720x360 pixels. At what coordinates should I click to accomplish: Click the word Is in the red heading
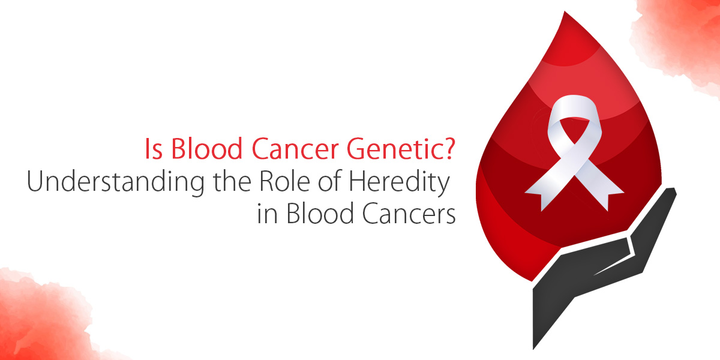[x=154, y=149]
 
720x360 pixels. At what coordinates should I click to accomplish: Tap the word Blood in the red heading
[x=206, y=148]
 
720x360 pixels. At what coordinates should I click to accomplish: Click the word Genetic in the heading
[x=391, y=149]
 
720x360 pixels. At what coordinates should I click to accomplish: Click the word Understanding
[x=116, y=182]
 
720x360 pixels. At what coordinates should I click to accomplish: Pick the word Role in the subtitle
[x=285, y=181]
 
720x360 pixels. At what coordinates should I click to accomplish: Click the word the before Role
[x=232, y=181]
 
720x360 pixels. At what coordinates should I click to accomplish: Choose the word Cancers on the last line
[x=409, y=213]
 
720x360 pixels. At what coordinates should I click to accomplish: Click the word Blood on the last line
[x=320, y=213]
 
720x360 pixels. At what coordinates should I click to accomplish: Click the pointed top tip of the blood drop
[x=565, y=12]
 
